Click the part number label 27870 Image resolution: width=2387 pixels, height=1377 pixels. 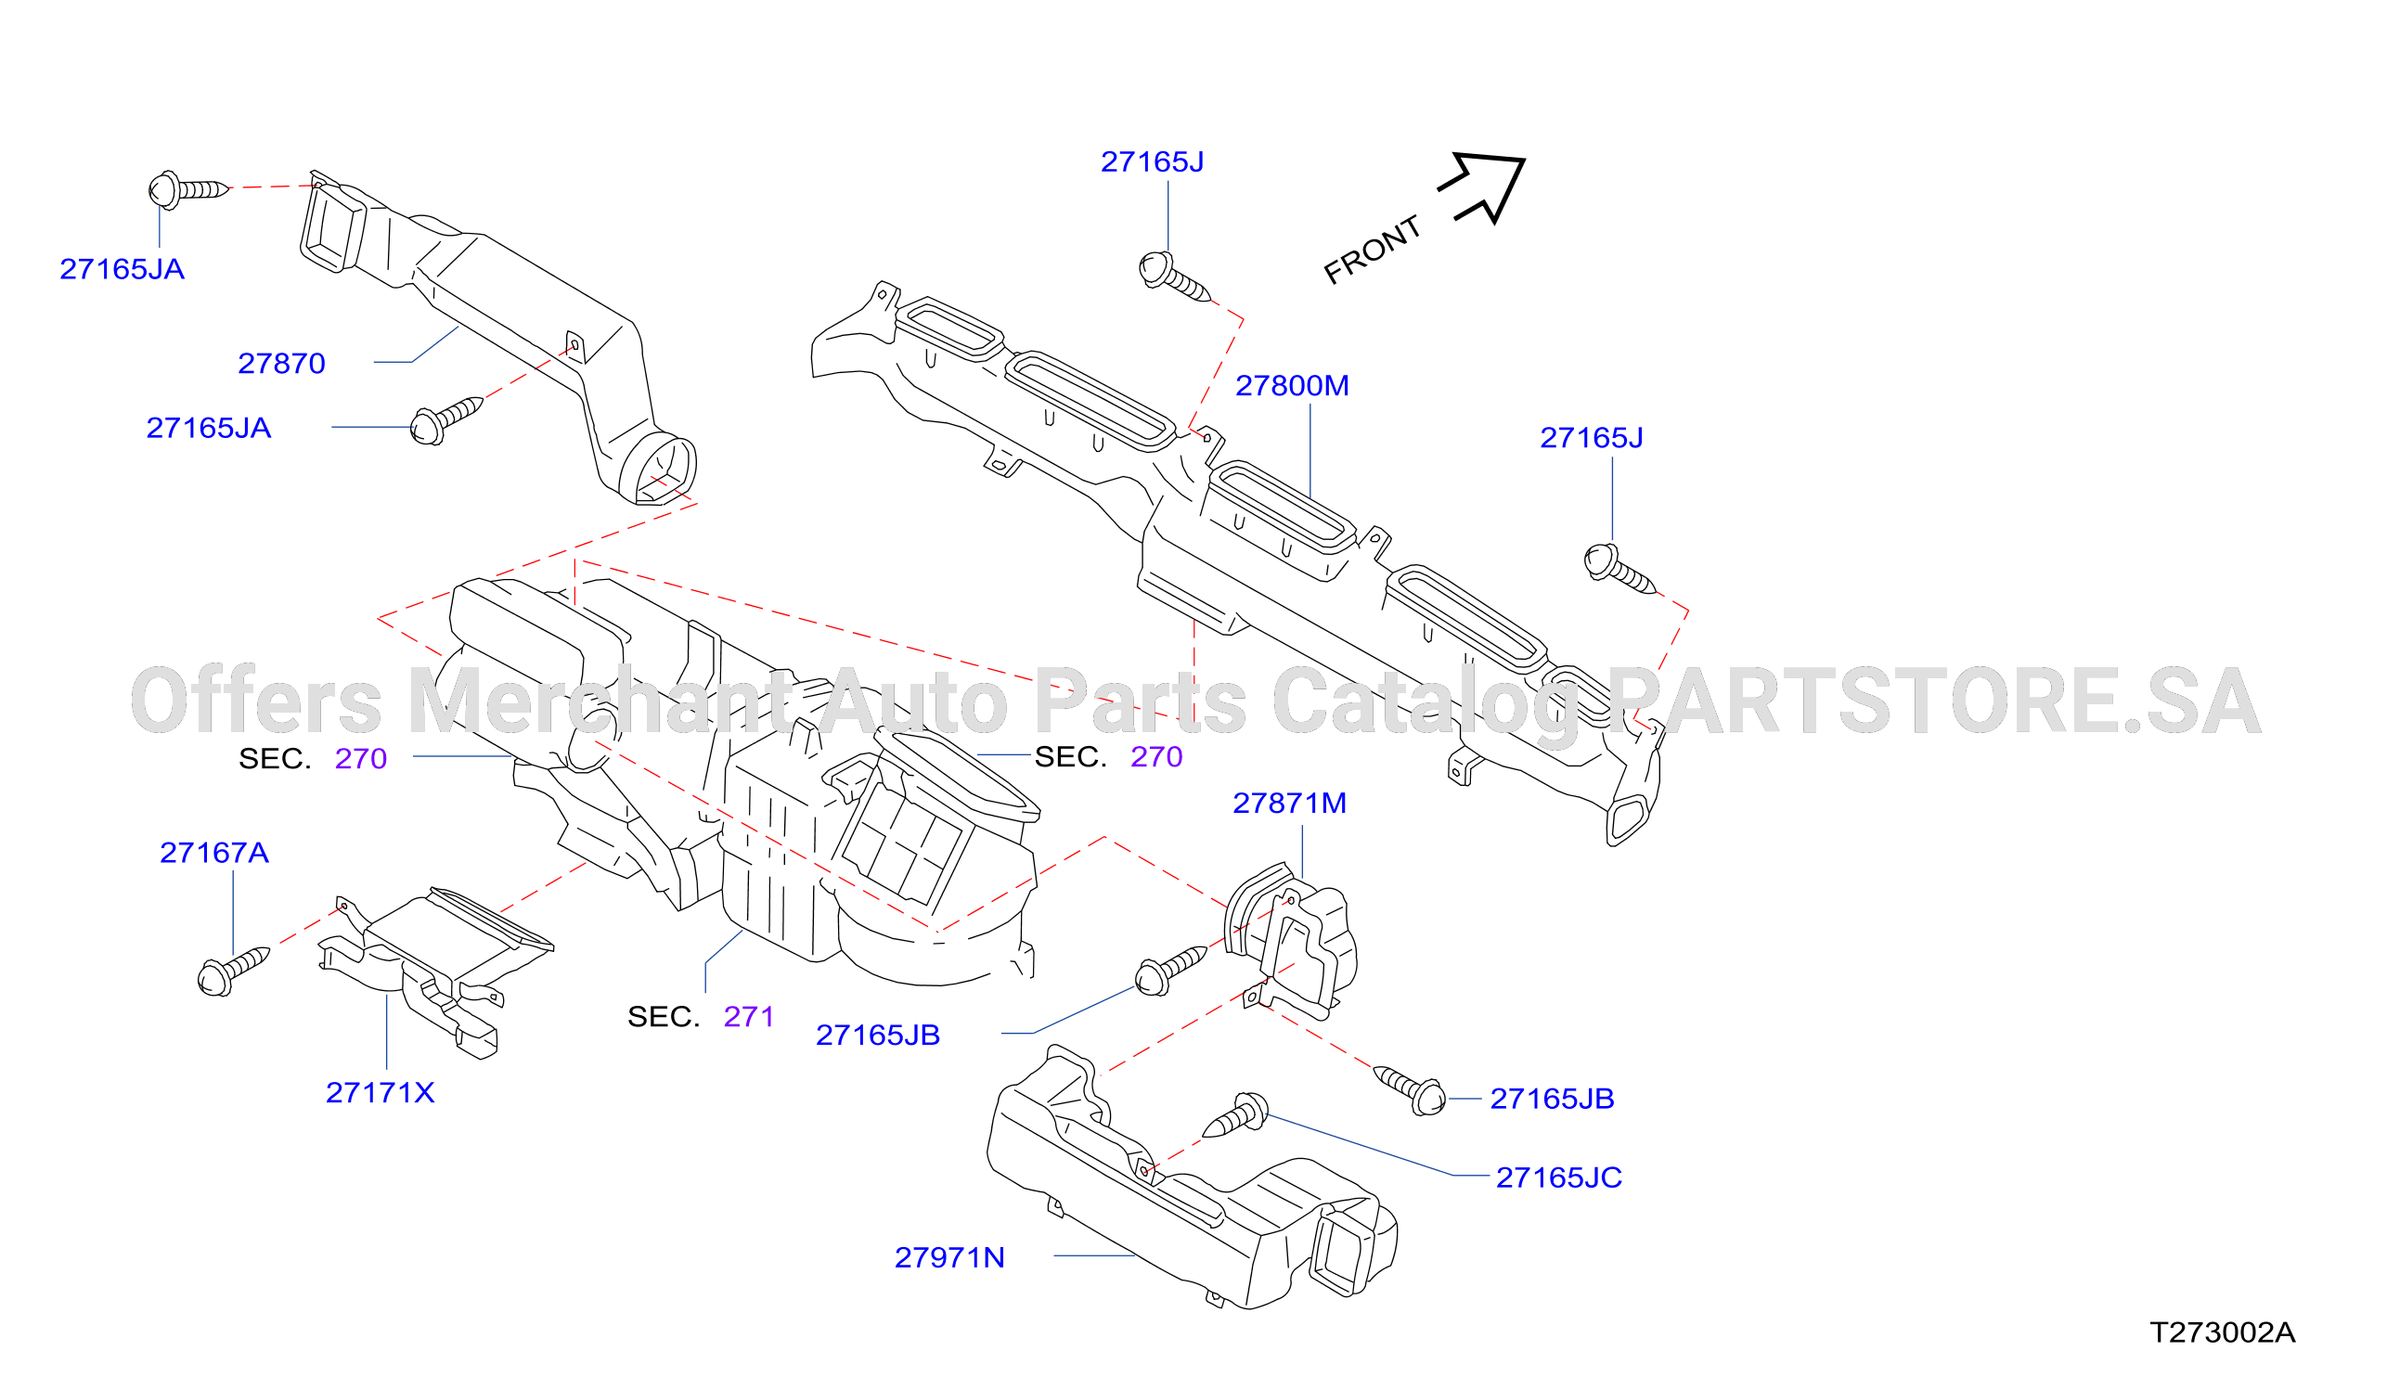[281, 363]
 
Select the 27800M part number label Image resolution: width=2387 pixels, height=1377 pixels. [1292, 386]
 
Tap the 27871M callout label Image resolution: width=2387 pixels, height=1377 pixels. [1289, 803]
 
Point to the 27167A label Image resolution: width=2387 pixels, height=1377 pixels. [213, 853]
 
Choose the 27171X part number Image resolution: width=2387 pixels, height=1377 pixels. [381, 1093]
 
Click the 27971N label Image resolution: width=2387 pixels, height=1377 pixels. [949, 1258]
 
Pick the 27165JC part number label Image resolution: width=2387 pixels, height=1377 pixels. [1558, 1178]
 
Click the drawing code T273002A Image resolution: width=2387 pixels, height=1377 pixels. [2223, 1332]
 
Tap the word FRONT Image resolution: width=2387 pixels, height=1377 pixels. [1373, 250]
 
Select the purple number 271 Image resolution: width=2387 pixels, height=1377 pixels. [749, 1017]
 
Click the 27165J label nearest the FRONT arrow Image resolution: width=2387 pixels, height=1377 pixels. [1152, 161]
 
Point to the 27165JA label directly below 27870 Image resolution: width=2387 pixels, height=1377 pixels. [208, 429]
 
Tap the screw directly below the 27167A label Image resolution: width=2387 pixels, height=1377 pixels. [233, 971]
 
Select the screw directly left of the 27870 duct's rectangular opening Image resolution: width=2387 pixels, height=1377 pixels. [188, 189]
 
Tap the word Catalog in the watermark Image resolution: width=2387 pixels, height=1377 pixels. [1427, 701]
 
